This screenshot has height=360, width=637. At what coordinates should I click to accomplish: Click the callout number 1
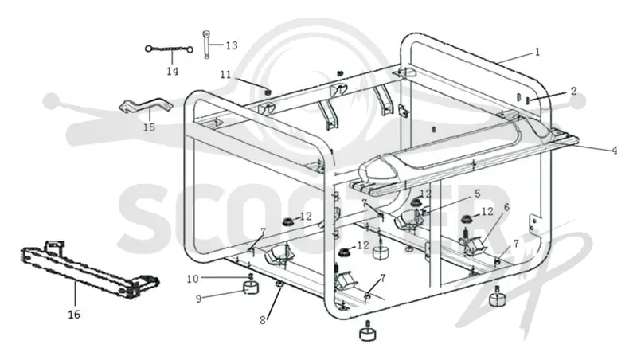(537, 52)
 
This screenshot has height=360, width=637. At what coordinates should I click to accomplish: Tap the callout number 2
(573, 91)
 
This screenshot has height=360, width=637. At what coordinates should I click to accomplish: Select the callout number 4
(615, 151)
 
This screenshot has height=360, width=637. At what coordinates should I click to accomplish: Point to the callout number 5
(477, 194)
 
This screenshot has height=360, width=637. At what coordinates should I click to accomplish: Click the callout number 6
(506, 207)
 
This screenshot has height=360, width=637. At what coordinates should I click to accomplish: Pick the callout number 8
(263, 320)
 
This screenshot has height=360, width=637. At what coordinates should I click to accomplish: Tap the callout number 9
(198, 299)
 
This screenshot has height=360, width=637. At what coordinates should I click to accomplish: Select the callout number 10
(193, 279)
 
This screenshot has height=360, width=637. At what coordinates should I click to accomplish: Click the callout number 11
(225, 74)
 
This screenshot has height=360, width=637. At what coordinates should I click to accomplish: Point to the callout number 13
(232, 45)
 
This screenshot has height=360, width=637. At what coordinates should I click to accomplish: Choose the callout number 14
(172, 71)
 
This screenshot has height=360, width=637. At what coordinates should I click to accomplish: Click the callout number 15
(149, 127)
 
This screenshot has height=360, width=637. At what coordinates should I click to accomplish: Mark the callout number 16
(74, 314)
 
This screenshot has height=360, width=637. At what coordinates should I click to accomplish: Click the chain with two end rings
(169, 49)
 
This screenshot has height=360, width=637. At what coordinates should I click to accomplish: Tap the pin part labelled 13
(207, 45)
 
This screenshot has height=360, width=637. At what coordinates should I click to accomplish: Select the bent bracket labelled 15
(146, 105)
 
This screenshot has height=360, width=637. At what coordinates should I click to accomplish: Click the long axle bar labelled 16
(81, 269)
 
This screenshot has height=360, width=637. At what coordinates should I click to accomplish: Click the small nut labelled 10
(251, 276)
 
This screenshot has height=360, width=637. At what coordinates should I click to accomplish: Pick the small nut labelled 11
(268, 92)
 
